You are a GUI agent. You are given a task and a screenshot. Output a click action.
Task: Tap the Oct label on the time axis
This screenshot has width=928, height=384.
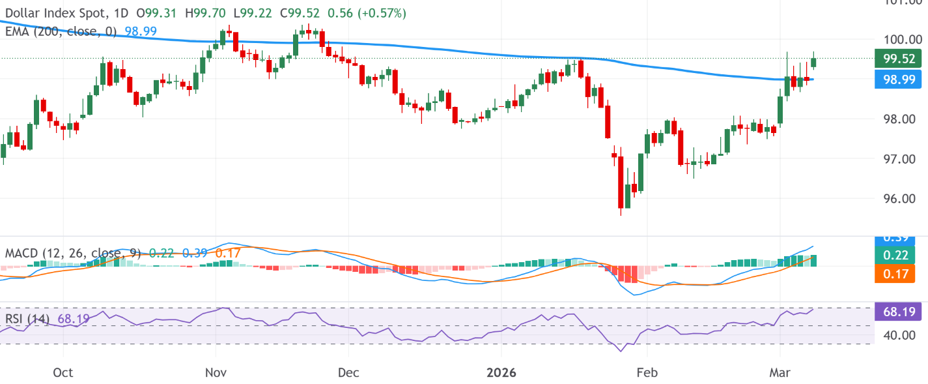[63, 372]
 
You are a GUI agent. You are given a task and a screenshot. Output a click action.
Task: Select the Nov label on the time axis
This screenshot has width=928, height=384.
[215, 372]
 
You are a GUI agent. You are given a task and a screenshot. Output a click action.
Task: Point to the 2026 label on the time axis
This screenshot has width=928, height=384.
[501, 372]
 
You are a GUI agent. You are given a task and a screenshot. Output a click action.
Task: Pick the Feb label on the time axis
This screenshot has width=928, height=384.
[647, 372]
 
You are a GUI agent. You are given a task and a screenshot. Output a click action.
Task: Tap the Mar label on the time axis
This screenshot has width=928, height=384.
[780, 372]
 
